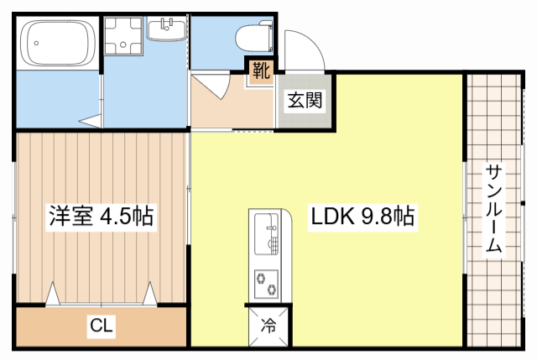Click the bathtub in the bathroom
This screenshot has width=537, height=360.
coord(58,43)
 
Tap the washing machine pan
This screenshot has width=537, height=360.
coord(123,36)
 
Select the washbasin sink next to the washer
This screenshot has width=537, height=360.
coord(167,29)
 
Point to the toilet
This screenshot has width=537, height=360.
coord(254,37)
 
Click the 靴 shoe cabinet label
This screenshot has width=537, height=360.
coord(261,70)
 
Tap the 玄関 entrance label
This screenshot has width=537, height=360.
coord(305,100)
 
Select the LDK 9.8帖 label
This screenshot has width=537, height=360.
coord(362,217)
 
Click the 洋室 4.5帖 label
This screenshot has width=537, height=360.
coord(101,217)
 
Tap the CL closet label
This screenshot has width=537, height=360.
coord(101,325)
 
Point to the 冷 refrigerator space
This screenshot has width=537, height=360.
coord(268,326)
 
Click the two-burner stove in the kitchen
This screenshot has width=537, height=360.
coord(266,284)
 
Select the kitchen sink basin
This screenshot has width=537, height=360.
coord(266,234)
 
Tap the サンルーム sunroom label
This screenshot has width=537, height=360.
coord(493,208)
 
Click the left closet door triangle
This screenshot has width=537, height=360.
coord(53,294)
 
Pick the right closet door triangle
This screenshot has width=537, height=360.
coord(150,294)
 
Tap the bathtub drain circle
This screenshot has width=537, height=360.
coord(36,43)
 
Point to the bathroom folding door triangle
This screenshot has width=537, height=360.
coord(90,121)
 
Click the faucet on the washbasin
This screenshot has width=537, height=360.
coord(168,25)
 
